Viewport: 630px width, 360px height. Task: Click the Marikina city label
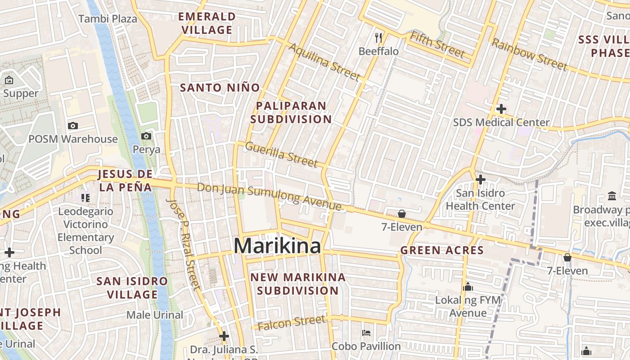[277, 246]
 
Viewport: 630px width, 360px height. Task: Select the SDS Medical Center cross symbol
[501, 109]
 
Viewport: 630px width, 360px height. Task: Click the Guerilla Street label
[281, 154]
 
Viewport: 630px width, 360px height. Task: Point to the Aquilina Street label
[324, 63]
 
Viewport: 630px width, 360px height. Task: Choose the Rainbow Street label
[529, 54]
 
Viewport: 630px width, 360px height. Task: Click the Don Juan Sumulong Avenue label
[269, 197]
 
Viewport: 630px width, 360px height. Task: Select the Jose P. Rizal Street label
[183, 243]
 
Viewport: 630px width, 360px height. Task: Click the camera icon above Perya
[146, 136]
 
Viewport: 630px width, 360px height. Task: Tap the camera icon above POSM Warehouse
[72, 126]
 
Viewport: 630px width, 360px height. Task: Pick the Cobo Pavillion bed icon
[366, 333]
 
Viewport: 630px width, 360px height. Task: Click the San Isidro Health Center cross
[480, 180]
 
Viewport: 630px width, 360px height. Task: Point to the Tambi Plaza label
[108, 19]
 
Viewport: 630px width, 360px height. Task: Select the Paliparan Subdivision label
[291, 112]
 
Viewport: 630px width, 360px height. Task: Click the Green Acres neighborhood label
[442, 251]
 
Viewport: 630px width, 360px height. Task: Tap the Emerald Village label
[207, 23]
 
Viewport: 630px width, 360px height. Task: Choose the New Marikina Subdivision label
[298, 284]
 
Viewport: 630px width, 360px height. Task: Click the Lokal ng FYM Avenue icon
[468, 287]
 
